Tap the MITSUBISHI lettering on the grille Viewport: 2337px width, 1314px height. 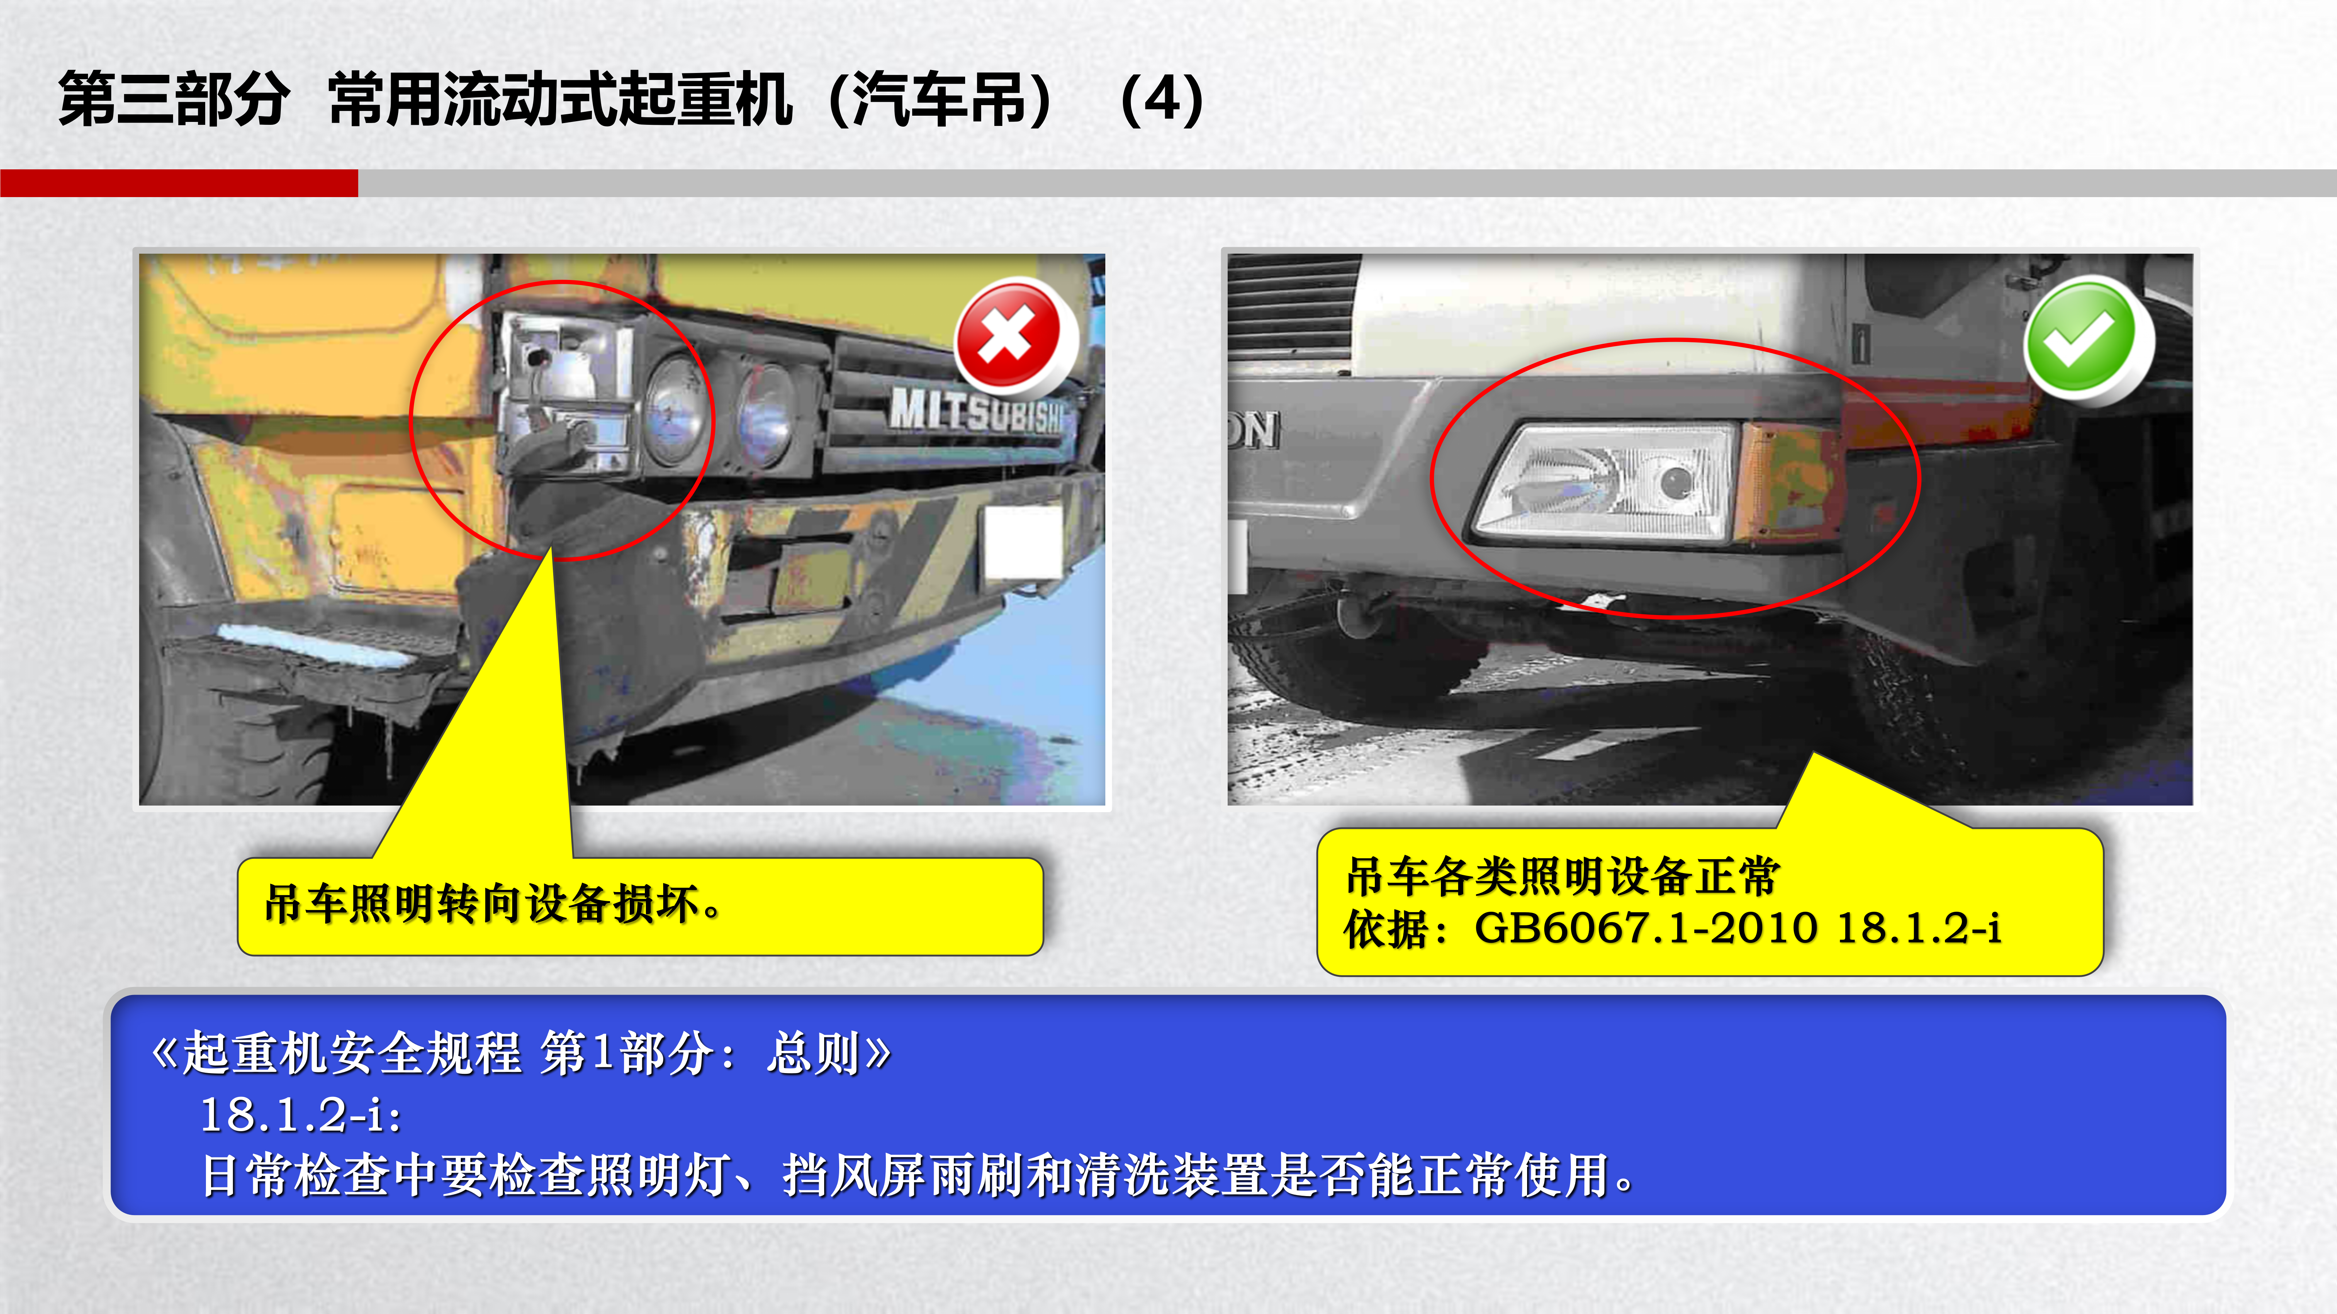pos(975,410)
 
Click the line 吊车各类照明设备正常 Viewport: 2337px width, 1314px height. pos(1562,876)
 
